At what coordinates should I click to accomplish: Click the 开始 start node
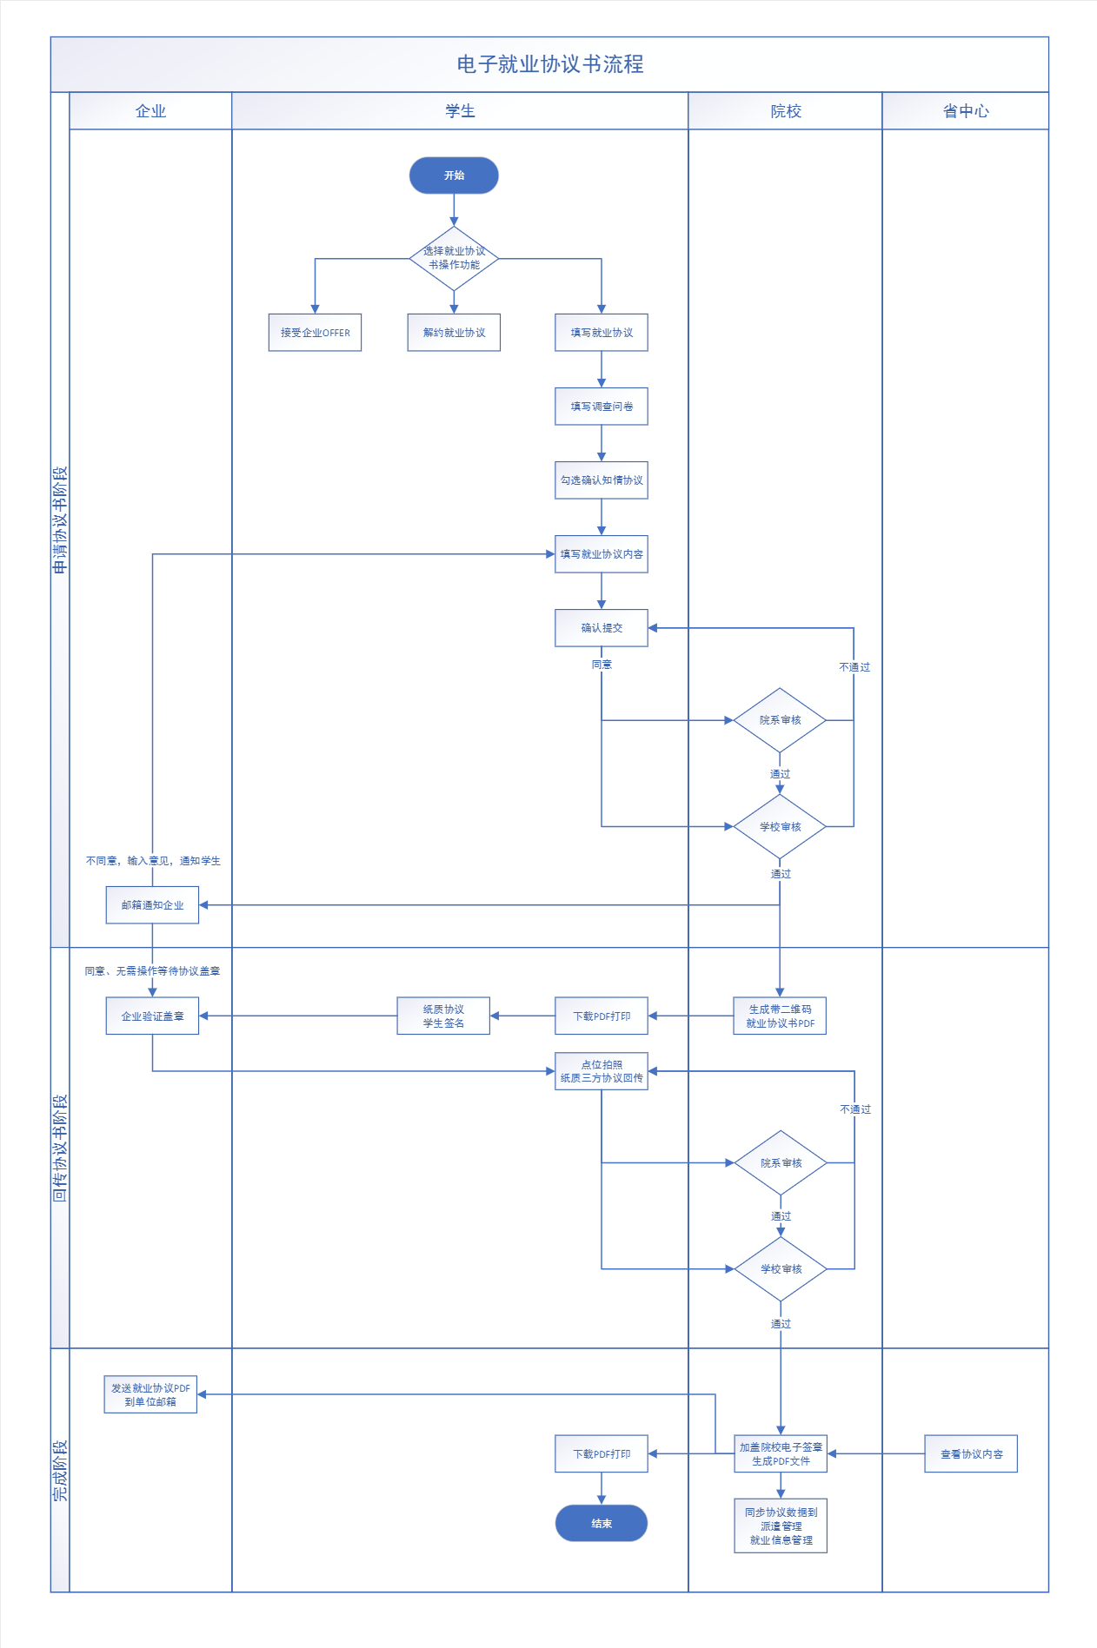(454, 175)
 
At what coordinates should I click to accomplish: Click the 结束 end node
(602, 1523)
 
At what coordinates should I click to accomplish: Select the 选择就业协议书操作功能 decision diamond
(454, 258)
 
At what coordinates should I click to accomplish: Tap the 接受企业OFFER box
(315, 333)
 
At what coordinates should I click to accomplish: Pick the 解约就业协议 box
(454, 333)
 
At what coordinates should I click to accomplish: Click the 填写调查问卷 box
(602, 407)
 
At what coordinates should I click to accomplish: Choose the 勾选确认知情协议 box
(602, 480)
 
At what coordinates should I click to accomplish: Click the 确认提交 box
(602, 628)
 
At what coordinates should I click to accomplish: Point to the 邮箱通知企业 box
(152, 905)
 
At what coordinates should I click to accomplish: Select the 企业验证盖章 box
(152, 1016)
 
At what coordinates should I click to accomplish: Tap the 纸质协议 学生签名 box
(443, 1016)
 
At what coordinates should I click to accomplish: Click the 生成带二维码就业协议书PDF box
(780, 1016)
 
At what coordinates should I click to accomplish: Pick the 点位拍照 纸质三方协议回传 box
(602, 1071)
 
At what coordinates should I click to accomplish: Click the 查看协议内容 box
(971, 1453)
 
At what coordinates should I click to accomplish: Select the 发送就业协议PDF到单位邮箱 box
(150, 1394)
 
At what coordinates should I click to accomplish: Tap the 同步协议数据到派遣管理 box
(781, 1526)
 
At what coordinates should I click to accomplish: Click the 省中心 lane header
(966, 111)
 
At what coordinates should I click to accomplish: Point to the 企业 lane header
(150, 111)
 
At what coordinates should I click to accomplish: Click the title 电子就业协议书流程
(550, 64)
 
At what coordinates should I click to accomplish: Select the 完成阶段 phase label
(60, 1470)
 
